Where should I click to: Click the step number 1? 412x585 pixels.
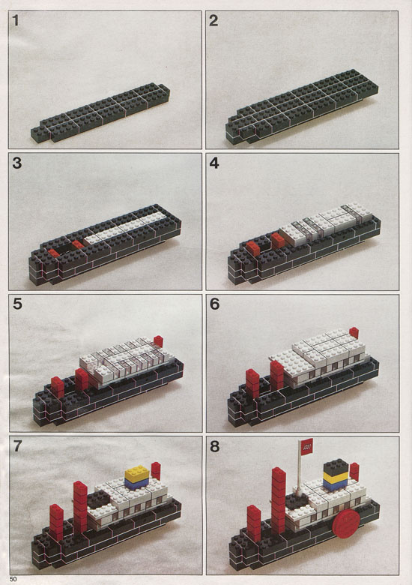[x=15, y=20]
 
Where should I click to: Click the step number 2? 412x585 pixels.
[x=213, y=20]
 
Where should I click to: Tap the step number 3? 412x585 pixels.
[x=16, y=163]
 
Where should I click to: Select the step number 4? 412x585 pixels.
[x=213, y=163]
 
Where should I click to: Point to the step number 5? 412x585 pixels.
[x=17, y=304]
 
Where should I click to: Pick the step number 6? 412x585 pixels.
[x=214, y=304]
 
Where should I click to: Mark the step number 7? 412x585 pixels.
[x=17, y=446]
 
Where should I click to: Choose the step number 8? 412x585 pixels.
[x=214, y=446]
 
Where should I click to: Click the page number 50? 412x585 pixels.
[x=13, y=579]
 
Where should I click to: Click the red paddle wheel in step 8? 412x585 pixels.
[x=346, y=524]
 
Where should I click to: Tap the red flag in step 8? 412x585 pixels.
[x=306, y=445]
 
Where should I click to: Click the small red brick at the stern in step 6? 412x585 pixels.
[x=354, y=333]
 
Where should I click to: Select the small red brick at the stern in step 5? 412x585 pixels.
[x=158, y=341]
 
